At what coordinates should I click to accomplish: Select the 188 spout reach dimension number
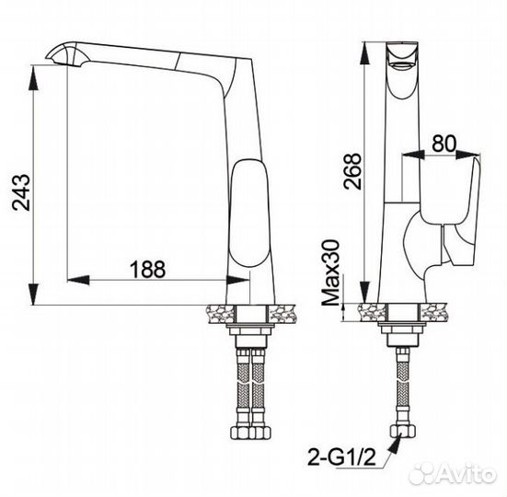coord(146,269)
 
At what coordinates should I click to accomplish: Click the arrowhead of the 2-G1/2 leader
coord(394,441)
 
